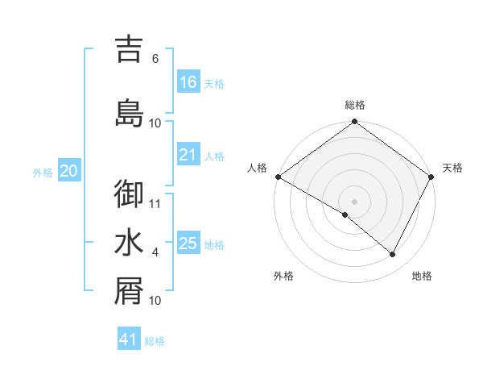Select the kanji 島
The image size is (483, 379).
point(129,114)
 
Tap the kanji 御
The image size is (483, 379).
point(129,194)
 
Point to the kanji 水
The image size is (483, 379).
point(129,244)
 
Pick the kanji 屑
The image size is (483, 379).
point(129,292)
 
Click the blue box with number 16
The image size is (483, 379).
point(188,82)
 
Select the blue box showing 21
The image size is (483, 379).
point(188,155)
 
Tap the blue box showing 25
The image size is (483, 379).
point(188,244)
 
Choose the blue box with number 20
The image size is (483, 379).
point(69,171)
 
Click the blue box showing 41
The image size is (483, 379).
point(130,339)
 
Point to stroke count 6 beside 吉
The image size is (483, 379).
point(155,59)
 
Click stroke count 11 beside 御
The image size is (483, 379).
point(155,203)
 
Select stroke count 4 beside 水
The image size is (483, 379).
point(155,252)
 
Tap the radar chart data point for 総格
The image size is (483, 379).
point(354,123)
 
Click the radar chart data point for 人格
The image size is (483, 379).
point(278,177)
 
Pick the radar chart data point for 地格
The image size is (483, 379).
point(393,255)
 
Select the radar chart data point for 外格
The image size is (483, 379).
point(345,214)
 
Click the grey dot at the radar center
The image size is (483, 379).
point(354,201)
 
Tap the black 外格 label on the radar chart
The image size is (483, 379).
point(283,277)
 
